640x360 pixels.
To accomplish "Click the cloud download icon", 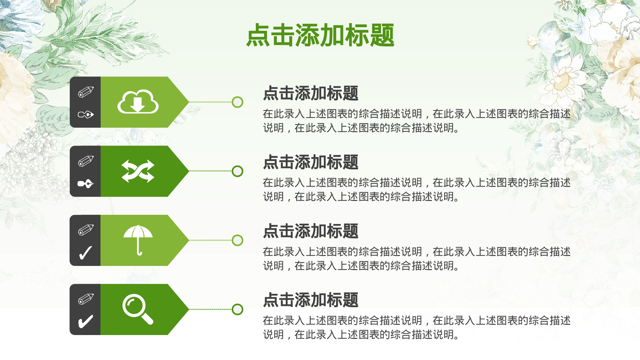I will coord(138,102).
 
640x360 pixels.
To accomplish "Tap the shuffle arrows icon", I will coord(138,171).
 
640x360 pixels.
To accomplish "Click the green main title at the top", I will coord(320,35).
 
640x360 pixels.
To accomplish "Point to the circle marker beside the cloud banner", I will coord(237,102).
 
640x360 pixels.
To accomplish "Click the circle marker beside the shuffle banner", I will coord(237,171).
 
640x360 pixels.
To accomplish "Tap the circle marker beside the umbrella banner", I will coord(237,240).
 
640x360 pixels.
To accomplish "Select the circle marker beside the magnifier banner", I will coord(237,309).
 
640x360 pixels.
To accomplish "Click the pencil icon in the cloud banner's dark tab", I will coord(86,92).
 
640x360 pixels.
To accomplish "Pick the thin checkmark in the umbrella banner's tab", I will coord(86,253).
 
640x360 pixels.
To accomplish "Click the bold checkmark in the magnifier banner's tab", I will coord(86,322).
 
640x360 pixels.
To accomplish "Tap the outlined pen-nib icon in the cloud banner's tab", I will coord(86,114).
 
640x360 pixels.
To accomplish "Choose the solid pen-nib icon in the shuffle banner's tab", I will coord(86,184).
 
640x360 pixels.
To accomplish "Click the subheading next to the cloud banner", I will coord(310,93).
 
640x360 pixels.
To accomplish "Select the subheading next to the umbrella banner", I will coord(310,231).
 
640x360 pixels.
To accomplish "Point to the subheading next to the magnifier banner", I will coord(310,300).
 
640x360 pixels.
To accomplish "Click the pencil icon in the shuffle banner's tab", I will coord(86,161).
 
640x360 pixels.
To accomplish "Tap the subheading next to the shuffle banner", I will coord(310,162).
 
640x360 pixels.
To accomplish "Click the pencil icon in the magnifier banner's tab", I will coord(86,299).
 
